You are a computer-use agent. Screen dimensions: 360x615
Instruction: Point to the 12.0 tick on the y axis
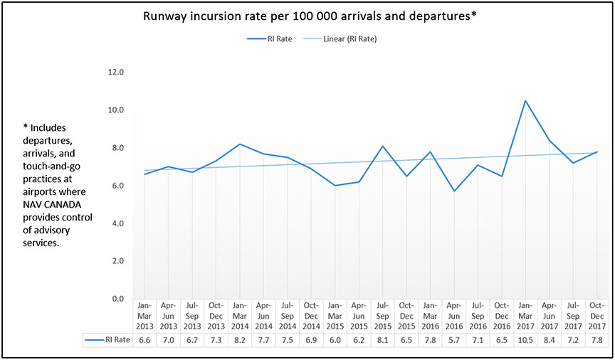(x=115, y=73)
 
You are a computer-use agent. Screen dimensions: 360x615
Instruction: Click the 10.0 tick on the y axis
(x=115, y=110)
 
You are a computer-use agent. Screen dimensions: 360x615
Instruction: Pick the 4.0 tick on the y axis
(x=115, y=223)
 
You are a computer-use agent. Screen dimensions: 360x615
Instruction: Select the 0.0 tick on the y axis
(x=115, y=299)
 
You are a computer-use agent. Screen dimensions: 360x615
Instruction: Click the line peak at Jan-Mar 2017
(x=525, y=100)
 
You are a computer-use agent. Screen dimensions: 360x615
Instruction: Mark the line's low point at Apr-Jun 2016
(x=454, y=191)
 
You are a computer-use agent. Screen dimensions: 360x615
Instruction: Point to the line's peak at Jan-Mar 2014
(x=240, y=144)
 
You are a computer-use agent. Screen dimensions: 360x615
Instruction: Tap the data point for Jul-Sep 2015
(x=382, y=146)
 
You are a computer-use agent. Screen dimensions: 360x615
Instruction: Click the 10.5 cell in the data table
(x=525, y=340)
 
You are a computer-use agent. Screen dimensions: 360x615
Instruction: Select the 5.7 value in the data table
(x=454, y=340)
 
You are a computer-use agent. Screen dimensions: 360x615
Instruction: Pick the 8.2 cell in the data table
(x=240, y=340)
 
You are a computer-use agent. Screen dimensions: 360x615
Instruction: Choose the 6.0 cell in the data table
(x=335, y=340)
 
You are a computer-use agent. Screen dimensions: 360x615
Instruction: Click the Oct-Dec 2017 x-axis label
(x=596, y=316)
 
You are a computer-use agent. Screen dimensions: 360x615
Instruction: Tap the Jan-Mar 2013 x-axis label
(x=144, y=316)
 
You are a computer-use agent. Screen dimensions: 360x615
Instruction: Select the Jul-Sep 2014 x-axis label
(x=287, y=316)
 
